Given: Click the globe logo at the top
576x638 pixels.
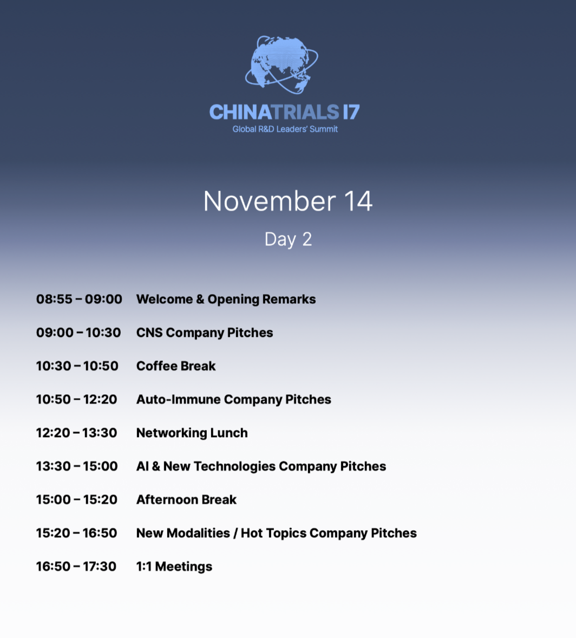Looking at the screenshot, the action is (282, 64).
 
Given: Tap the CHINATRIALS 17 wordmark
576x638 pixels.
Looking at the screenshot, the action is (284, 112).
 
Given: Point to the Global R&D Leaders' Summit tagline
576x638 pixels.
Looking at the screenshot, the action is (285, 129).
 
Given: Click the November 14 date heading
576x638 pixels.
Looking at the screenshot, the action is (287, 201).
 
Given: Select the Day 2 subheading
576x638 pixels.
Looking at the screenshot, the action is (288, 239).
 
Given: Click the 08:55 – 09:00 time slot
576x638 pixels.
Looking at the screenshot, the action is (79, 299).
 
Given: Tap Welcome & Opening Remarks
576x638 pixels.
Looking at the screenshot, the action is (226, 299).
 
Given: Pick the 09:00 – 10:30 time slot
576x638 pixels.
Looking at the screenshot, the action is (78, 333).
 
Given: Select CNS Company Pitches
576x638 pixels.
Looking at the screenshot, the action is (204, 333).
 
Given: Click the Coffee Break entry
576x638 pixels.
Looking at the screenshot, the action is (176, 366).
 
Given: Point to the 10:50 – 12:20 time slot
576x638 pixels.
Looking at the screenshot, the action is (76, 399).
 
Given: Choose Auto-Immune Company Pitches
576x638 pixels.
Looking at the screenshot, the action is (233, 399).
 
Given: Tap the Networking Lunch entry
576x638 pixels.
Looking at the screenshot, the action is (192, 433).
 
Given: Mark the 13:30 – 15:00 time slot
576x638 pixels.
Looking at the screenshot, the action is (77, 466).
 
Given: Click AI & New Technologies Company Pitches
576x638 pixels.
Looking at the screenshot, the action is (261, 466).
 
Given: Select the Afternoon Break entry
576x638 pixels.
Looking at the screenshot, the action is (186, 499).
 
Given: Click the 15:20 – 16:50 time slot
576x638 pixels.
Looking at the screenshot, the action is (76, 532).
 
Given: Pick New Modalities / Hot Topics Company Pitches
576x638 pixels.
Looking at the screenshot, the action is (277, 533).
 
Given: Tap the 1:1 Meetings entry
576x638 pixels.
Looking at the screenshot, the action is (174, 567).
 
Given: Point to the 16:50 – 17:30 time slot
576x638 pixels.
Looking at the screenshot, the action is (76, 566).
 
